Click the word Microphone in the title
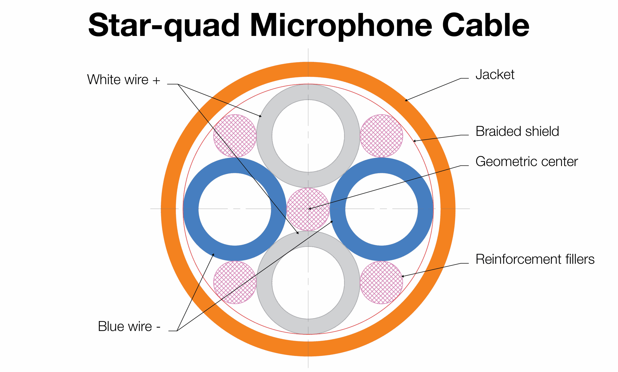[341, 25]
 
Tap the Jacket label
[495, 75]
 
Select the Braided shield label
[517, 131]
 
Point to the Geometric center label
[527, 162]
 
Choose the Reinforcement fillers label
[535, 260]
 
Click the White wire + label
[123, 80]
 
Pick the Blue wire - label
[129, 327]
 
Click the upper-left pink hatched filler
[235, 136]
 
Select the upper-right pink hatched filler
[381, 136]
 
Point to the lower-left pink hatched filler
[235, 282]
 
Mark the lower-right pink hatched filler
[381, 282]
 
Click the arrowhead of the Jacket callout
[406, 100]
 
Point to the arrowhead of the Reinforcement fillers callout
[402, 276]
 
